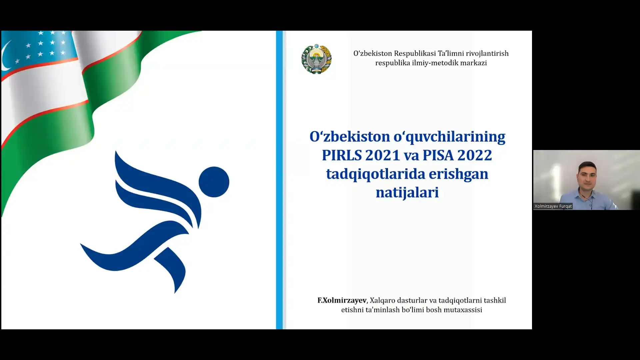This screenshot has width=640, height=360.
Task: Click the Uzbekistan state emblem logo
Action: (316, 59)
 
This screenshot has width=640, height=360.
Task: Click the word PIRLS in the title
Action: (342, 155)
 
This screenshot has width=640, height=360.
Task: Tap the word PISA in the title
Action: (438, 155)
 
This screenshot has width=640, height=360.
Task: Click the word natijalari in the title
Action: (407, 193)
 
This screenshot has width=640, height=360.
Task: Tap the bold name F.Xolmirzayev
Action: (342, 300)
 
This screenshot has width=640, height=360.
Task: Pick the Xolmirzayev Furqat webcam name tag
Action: (553, 206)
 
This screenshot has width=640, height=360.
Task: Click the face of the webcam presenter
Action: (587, 177)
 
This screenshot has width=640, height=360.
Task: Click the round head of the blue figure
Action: (214, 182)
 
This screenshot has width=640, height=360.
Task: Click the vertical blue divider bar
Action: (279, 180)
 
